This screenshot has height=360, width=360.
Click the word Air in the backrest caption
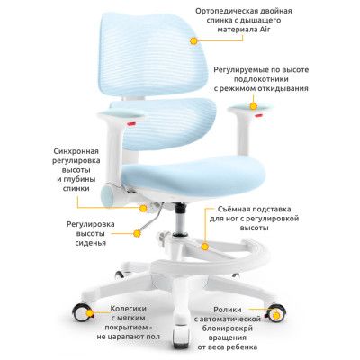click(265, 30)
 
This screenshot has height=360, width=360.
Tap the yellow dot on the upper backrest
click(193, 41)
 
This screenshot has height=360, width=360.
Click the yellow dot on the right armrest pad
click(254, 106)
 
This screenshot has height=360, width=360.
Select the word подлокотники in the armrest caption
click(261, 79)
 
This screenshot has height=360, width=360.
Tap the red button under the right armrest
click(258, 114)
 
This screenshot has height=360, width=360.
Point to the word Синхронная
click(76, 151)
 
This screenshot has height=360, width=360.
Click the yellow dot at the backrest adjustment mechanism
click(144, 208)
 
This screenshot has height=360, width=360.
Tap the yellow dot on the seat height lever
click(137, 233)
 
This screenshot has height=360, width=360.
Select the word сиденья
click(91, 243)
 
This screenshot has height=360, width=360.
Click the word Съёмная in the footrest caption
click(232, 209)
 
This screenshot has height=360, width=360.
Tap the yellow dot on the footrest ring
click(205, 247)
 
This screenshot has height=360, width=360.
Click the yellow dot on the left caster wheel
click(89, 313)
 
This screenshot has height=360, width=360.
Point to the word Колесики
click(128, 309)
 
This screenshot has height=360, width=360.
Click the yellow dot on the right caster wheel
click(276, 315)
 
